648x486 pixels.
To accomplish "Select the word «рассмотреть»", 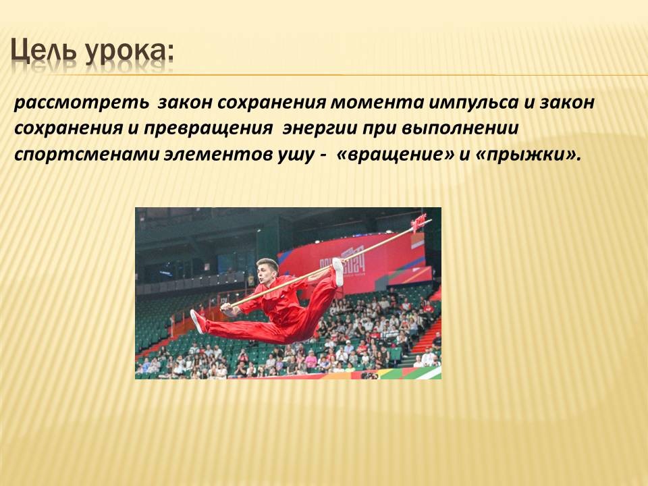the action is tap(82, 103).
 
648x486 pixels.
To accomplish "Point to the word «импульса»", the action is tap(474, 103).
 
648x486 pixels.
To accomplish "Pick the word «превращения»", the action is tap(208, 128).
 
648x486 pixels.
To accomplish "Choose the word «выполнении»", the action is tap(460, 128).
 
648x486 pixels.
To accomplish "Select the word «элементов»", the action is tap(217, 154).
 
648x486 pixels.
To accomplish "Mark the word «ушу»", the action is tap(294, 155).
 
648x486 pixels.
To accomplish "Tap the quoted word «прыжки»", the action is tap(525, 155).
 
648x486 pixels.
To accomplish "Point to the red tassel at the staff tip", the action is tap(418, 223).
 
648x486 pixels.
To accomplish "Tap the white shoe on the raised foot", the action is tap(338, 272).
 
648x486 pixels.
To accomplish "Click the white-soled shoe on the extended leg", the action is tap(198, 321).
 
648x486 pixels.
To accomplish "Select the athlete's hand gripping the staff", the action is tap(226, 307).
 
